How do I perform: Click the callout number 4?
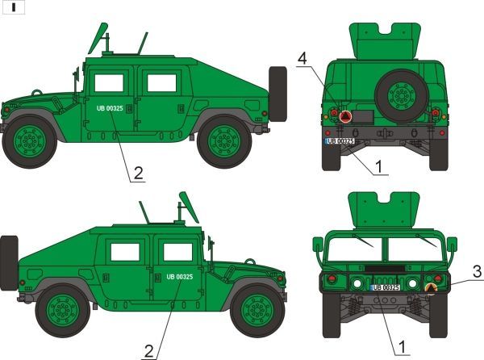point(302,59)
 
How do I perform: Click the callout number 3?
point(478,272)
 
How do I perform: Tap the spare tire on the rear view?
point(401,96)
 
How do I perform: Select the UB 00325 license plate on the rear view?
point(340,141)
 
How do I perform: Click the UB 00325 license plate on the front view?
point(386,287)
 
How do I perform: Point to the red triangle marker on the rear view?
point(345,116)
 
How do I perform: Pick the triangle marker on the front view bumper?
point(432,289)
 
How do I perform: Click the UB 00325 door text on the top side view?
point(110,108)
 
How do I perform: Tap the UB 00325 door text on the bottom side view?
point(180,277)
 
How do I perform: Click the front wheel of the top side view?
point(30,141)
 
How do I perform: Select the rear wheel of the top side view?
point(224,141)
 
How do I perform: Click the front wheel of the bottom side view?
point(257,311)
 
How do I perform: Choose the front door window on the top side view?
point(109,83)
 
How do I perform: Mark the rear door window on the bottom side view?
point(125,252)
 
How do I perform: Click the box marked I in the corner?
point(13,8)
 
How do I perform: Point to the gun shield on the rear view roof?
point(385,40)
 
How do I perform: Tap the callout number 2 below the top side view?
point(138,174)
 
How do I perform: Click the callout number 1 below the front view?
point(403,347)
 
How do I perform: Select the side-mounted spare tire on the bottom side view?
point(9,263)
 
